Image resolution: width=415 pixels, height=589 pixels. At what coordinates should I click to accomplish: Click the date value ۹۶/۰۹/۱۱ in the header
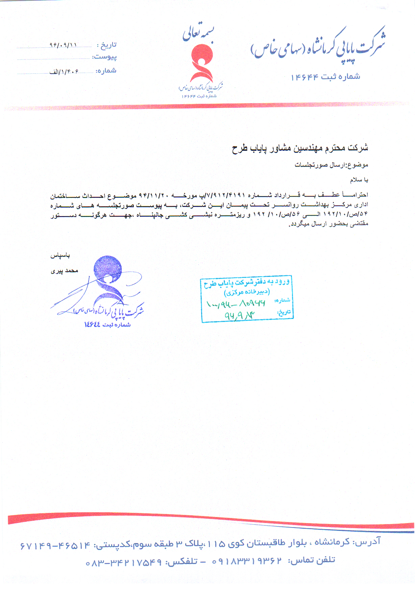[x=64, y=45]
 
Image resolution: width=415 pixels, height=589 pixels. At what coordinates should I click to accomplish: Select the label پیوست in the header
[x=105, y=57]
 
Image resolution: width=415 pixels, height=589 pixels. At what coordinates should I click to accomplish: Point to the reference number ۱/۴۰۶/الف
[x=64, y=71]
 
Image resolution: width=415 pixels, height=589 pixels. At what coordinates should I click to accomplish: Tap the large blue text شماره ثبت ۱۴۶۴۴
[x=325, y=77]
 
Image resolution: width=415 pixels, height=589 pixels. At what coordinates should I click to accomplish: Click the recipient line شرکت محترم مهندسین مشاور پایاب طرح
[x=300, y=148]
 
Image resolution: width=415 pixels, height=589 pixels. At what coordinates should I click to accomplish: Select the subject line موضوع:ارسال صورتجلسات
[x=331, y=165]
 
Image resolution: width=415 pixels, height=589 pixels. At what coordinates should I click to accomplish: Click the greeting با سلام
[x=359, y=180]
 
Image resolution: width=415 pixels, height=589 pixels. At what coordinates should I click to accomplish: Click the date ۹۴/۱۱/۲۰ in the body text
[x=154, y=195]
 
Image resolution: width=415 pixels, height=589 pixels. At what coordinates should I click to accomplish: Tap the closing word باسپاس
[x=60, y=255]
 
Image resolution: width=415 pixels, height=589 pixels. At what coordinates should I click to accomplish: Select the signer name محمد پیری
[x=64, y=270]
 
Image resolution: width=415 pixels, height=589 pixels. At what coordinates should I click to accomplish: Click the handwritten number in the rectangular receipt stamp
[x=236, y=303]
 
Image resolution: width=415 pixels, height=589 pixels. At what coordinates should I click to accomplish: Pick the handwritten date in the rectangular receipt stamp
[x=239, y=315]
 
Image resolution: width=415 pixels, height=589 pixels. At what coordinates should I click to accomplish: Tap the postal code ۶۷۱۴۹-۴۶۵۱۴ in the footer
[x=55, y=545]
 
